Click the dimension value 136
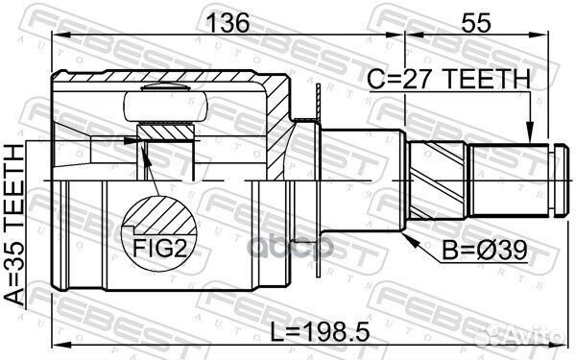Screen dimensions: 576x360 (228, 23)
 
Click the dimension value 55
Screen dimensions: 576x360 (476, 23)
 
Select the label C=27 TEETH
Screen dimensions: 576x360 (449, 79)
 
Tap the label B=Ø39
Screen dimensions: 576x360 (485, 251)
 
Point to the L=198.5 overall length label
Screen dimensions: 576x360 (320, 332)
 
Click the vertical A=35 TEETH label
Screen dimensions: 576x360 (14, 225)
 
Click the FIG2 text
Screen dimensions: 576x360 (159, 248)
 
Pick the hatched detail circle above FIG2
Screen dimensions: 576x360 (159, 217)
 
